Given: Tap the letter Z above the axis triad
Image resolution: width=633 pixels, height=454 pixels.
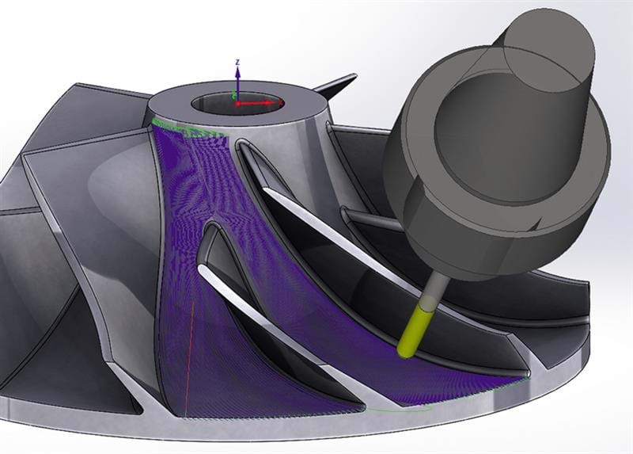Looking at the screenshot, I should [238, 61].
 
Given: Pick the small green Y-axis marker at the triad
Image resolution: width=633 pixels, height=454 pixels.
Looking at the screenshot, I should [233, 96].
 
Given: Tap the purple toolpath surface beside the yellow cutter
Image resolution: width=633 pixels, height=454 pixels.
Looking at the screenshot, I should [372, 349].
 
